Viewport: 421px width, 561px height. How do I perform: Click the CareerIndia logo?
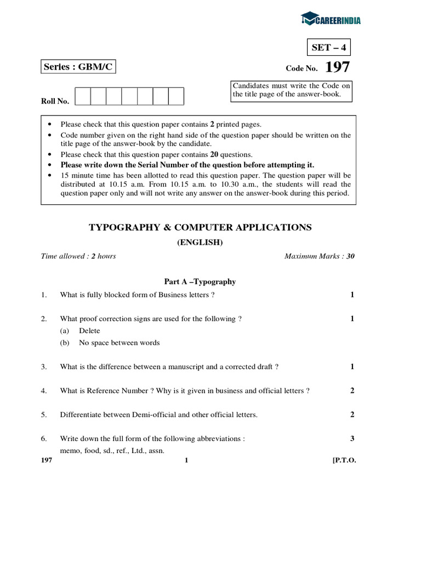pos(331,20)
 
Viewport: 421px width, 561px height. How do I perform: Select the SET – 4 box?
pos(328,48)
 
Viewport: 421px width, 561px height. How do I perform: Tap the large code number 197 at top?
pos(337,67)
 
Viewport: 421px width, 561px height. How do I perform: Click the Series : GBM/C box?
pos(79,67)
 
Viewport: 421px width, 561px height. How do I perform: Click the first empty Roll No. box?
pos(83,96)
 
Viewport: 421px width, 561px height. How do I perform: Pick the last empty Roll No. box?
pos(176,96)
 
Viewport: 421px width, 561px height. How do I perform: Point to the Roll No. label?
pos(55,101)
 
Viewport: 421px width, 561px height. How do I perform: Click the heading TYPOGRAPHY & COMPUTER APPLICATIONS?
pos(200,227)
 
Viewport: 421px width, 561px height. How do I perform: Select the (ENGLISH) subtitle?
pos(200,243)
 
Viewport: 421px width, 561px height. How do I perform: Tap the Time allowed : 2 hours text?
pos(78,256)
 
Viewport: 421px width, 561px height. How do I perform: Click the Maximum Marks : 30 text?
pos(319,256)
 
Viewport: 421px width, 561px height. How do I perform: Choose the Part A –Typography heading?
pos(200,282)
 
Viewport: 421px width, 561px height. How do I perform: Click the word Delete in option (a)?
pos(89,331)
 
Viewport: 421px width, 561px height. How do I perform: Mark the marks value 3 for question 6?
pos(352,439)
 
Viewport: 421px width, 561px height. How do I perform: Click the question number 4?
pos(43,391)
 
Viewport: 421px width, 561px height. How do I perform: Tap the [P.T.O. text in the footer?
pos(344,460)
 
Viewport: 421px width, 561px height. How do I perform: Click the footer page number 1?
pos(186,460)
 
